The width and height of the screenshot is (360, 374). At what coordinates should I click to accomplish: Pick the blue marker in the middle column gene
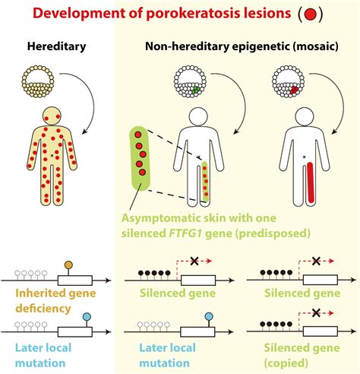(x=203, y=316)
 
